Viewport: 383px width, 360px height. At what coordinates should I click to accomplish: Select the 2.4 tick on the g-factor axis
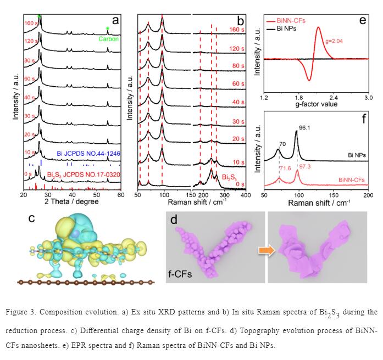333,97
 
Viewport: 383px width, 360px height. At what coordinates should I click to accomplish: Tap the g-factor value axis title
317,105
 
